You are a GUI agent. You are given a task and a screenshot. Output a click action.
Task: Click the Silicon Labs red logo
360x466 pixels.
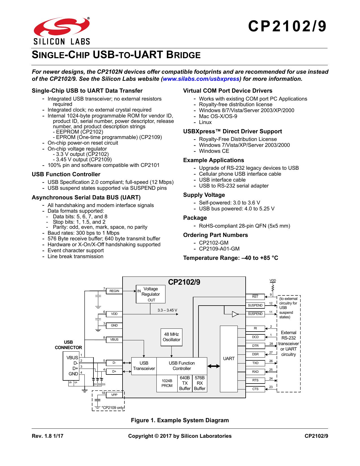click(x=62, y=27)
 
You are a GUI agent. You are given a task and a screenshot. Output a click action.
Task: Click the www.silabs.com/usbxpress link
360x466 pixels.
click(x=201, y=79)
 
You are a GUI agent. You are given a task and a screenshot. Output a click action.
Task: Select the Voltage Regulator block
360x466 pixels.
click(x=150, y=294)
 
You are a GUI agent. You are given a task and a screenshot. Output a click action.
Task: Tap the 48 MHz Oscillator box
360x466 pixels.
click(x=171, y=337)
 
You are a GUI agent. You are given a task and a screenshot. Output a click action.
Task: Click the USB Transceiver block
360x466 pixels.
click(x=144, y=366)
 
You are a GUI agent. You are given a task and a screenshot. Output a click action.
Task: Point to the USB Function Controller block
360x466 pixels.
click(x=182, y=366)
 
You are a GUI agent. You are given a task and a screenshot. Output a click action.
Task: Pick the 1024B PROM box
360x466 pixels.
click(x=167, y=383)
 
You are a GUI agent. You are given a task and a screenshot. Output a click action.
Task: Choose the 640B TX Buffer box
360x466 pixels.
click(x=185, y=383)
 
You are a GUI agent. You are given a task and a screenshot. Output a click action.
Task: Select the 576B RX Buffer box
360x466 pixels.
click(x=200, y=383)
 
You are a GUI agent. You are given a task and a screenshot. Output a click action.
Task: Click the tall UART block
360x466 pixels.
click(x=229, y=359)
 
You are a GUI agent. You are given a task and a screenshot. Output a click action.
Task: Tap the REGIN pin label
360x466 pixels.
click(x=114, y=291)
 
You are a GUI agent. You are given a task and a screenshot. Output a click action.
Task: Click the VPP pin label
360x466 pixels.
click(x=114, y=395)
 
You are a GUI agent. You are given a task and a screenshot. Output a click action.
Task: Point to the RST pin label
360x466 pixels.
click(x=255, y=297)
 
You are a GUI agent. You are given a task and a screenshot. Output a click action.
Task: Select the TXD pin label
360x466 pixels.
click(x=255, y=363)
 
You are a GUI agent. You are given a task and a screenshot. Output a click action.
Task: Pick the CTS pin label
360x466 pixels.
click(x=255, y=389)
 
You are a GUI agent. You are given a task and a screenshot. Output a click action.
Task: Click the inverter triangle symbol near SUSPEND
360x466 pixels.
click(x=235, y=314)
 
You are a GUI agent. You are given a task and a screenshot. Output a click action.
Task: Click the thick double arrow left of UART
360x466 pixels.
click(x=213, y=366)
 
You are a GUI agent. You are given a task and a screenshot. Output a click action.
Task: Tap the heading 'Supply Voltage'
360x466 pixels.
click(x=204, y=195)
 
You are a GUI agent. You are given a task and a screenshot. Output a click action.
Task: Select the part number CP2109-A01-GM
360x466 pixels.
click(x=219, y=249)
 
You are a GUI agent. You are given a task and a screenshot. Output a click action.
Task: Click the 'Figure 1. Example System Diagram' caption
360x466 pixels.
click(x=180, y=420)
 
